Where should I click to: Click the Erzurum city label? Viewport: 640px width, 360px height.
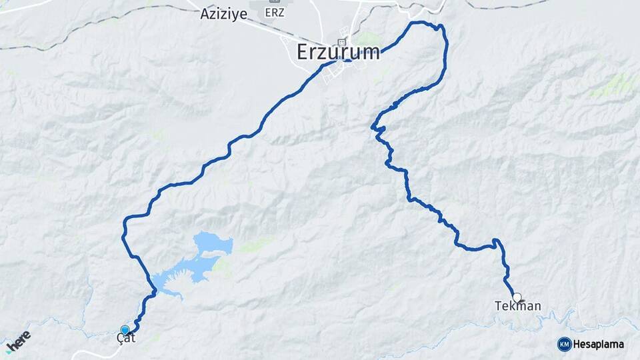point(338,52)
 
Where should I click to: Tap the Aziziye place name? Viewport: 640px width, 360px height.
point(223,13)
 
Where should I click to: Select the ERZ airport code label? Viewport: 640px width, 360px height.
point(273,13)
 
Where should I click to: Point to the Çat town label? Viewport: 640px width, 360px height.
point(125,339)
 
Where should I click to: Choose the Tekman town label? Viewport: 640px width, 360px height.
point(517,306)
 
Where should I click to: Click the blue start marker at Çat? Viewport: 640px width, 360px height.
point(125,329)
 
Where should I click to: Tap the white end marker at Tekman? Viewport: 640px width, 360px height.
point(517,297)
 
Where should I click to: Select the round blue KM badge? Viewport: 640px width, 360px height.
point(564,344)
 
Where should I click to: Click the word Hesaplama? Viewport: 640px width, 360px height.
point(599,345)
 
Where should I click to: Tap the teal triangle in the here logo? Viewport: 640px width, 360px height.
point(8,349)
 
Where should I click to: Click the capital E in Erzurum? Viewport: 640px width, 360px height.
point(303,52)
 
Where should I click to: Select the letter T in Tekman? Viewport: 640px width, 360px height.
point(497,306)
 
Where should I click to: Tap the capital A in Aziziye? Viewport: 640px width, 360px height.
point(205,13)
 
